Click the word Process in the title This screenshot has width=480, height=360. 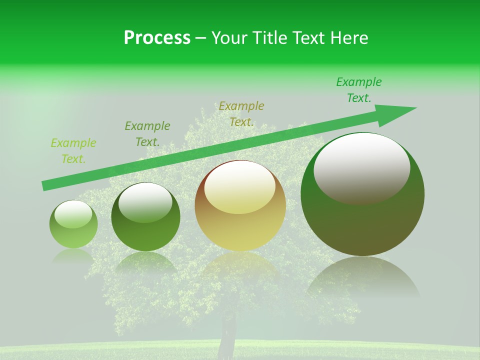(x=157, y=38)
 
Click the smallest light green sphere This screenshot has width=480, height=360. (x=73, y=224)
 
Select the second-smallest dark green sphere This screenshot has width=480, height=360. (x=145, y=217)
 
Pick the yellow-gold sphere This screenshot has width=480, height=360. (x=240, y=205)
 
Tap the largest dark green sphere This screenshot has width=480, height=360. (x=362, y=194)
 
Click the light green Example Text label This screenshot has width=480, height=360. (x=73, y=151)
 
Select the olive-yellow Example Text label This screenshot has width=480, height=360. (x=241, y=113)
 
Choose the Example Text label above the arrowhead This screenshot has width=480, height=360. (x=359, y=90)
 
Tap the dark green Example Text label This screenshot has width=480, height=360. (x=147, y=133)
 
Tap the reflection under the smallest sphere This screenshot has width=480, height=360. (x=73, y=256)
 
